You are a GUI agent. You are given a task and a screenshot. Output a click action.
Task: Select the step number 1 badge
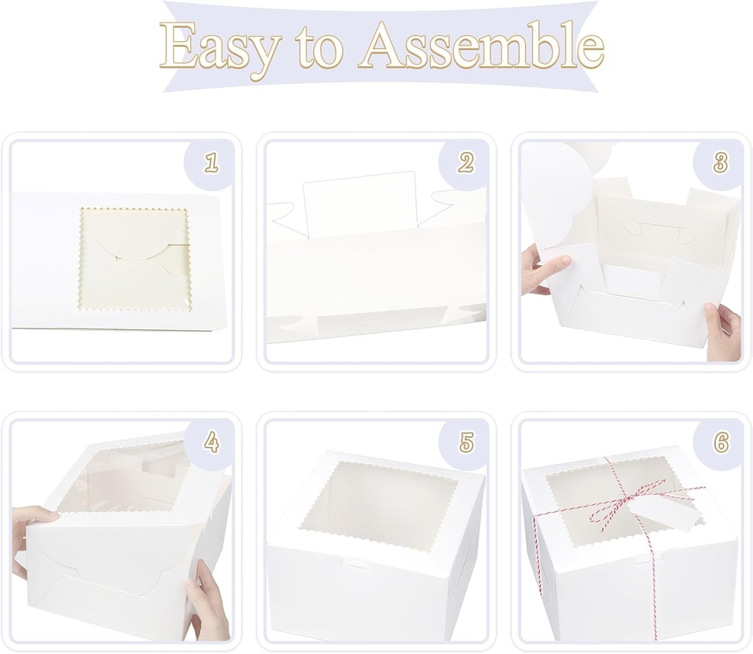211,163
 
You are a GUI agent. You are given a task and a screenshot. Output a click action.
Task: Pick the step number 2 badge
465,163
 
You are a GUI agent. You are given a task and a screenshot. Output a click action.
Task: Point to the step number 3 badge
721,163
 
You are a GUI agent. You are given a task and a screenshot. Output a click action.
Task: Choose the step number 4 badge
211,442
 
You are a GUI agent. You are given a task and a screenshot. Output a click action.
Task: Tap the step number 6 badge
721,442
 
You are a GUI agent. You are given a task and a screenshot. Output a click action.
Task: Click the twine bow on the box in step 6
625,507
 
